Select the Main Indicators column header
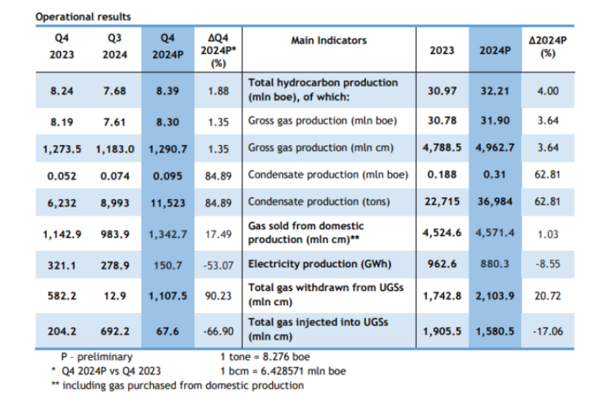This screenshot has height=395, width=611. pos(329,41)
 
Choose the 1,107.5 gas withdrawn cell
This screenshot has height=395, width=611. pos(166,295)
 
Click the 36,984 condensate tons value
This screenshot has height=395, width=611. pos(493,202)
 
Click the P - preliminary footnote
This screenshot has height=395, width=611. pos(97,356)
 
